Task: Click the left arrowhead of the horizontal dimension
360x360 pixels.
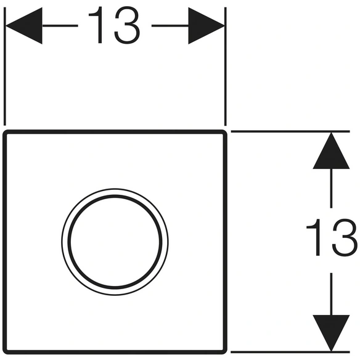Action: [x=24, y=26]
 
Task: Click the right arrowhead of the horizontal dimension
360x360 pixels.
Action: [x=207, y=26]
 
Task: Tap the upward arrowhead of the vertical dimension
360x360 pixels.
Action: [x=331, y=150]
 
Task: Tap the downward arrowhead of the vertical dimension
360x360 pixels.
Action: [x=331, y=333]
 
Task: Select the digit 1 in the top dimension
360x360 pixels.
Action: [x=97, y=25]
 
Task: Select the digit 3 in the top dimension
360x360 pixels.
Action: [x=127, y=25]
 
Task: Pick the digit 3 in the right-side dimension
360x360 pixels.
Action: [x=345, y=237]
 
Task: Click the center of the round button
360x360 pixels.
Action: [x=115, y=242]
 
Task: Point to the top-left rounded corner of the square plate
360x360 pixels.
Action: [x=6, y=133]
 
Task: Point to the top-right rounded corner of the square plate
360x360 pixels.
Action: [x=224, y=133]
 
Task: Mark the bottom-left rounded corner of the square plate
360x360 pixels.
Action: [x=6, y=351]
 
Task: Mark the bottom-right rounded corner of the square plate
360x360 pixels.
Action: [x=224, y=351]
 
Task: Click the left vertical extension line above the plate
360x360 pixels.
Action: [x=4, y=67]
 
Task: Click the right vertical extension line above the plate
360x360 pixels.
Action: [x=226, y=67]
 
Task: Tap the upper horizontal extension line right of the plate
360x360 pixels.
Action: [x=290, y=131]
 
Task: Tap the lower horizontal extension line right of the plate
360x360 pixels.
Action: [x=290, y=352]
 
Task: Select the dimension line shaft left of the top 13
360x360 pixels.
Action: [x=60, y=26]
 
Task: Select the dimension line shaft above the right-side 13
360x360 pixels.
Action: [x=331, y=189]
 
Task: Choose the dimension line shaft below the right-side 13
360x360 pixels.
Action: [x=331, y=294]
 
